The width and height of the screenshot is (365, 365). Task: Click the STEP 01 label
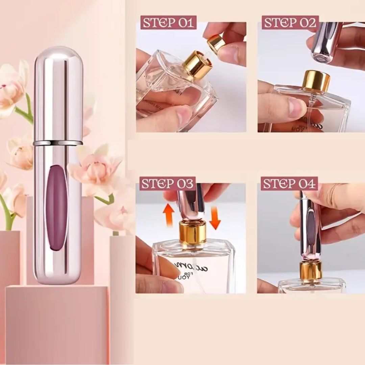pos(168,23)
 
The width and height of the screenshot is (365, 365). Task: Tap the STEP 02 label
pos(290,23)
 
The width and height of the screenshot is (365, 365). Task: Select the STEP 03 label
pos(168,184)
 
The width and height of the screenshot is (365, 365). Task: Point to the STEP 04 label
pos(289,184)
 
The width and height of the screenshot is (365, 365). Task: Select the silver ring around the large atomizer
pos(58,143)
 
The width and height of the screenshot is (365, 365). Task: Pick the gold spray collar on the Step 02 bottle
pos(316,81)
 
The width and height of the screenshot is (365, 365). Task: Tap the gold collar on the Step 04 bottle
pos(311,272)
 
